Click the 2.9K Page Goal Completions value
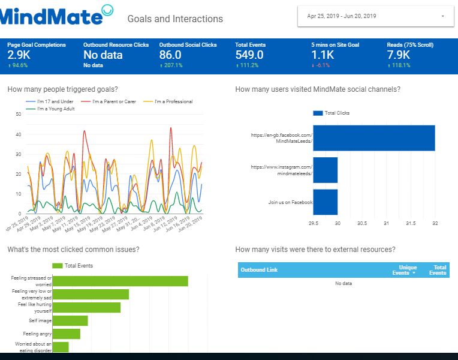pyautogui.click(x=18, y=55)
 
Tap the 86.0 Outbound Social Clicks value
pyautogui.click(x=170, y=55)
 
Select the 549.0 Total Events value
pyautogui.click(x=249, y=55)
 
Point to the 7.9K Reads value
pyautogui.click(x=399, y=55)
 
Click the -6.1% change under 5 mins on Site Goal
pyautogui.click(x=323, y=65)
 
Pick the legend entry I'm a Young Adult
pyautogui.click(x=55, y=109)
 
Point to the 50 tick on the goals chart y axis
pyautogui.click(x=18, y=113)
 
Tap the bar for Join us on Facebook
pyautogui.click(x=325, y=202)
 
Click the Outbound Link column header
pyautogui.click(x=259, y=270)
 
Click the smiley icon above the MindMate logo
pyautogui.click(x=107, y=8)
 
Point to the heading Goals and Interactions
pyautogui.click(x=175, y=19)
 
